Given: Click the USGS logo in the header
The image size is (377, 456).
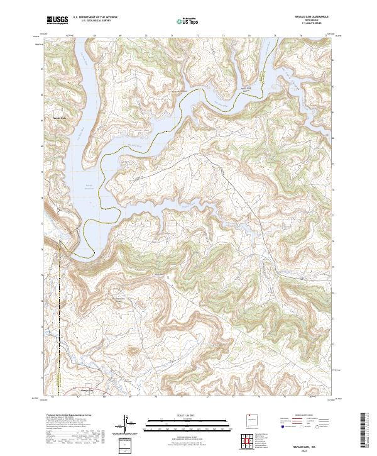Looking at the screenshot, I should click(x=56, y=20).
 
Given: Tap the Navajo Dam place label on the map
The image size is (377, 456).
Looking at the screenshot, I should click(x=59, y=118).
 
